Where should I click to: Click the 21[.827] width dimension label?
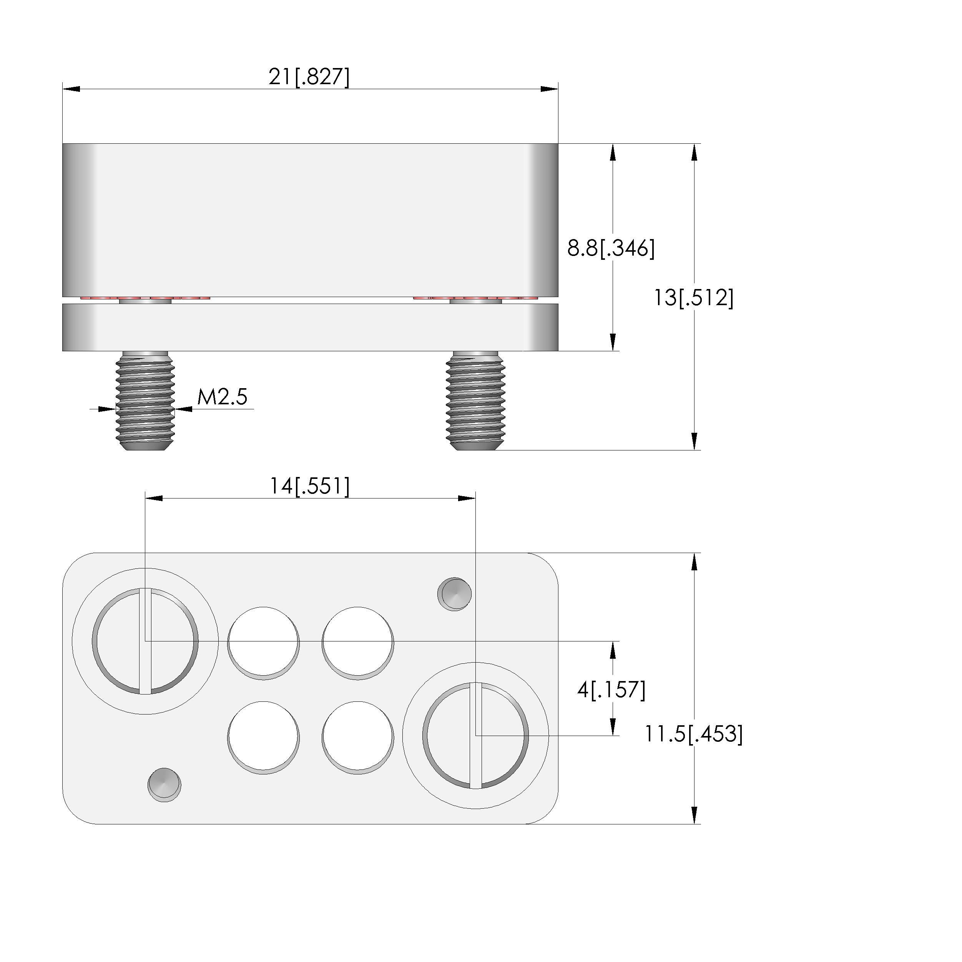coord(309,77)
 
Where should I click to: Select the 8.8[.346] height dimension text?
coord(611,248)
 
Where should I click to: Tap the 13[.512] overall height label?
coord(693,298)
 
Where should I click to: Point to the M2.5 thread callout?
coord(222,397)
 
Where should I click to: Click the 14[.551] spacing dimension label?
coord(310,486)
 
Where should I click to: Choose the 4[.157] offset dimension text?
coord(611,690)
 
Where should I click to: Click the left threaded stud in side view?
coord(145,401)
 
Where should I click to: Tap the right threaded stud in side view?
coord(475,401)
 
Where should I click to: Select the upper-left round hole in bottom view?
coord(263,643)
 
